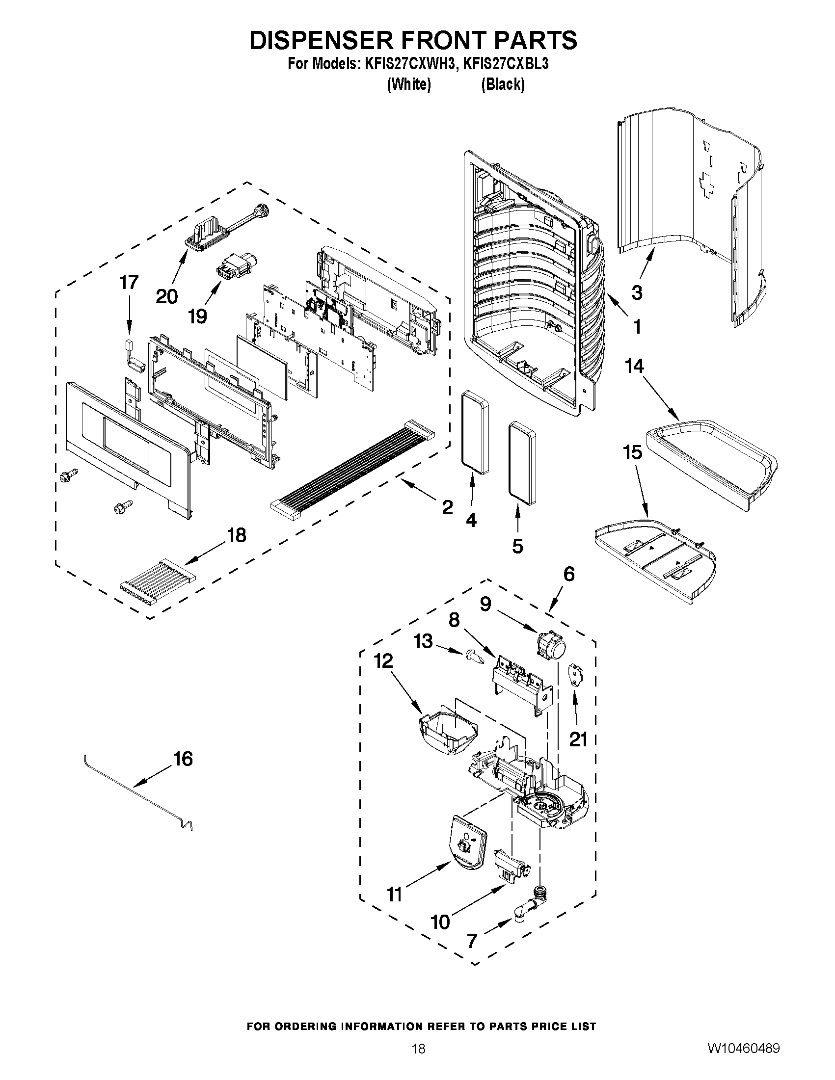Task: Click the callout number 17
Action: [x=129, y=282]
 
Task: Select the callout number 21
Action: [x=578, y=739]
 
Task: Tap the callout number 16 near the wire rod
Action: [x=183, y=759]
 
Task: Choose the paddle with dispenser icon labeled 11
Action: [x=468, y=846]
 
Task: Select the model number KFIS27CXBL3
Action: [x=505, y=64]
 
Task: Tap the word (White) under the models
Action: [x=408, y=84]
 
